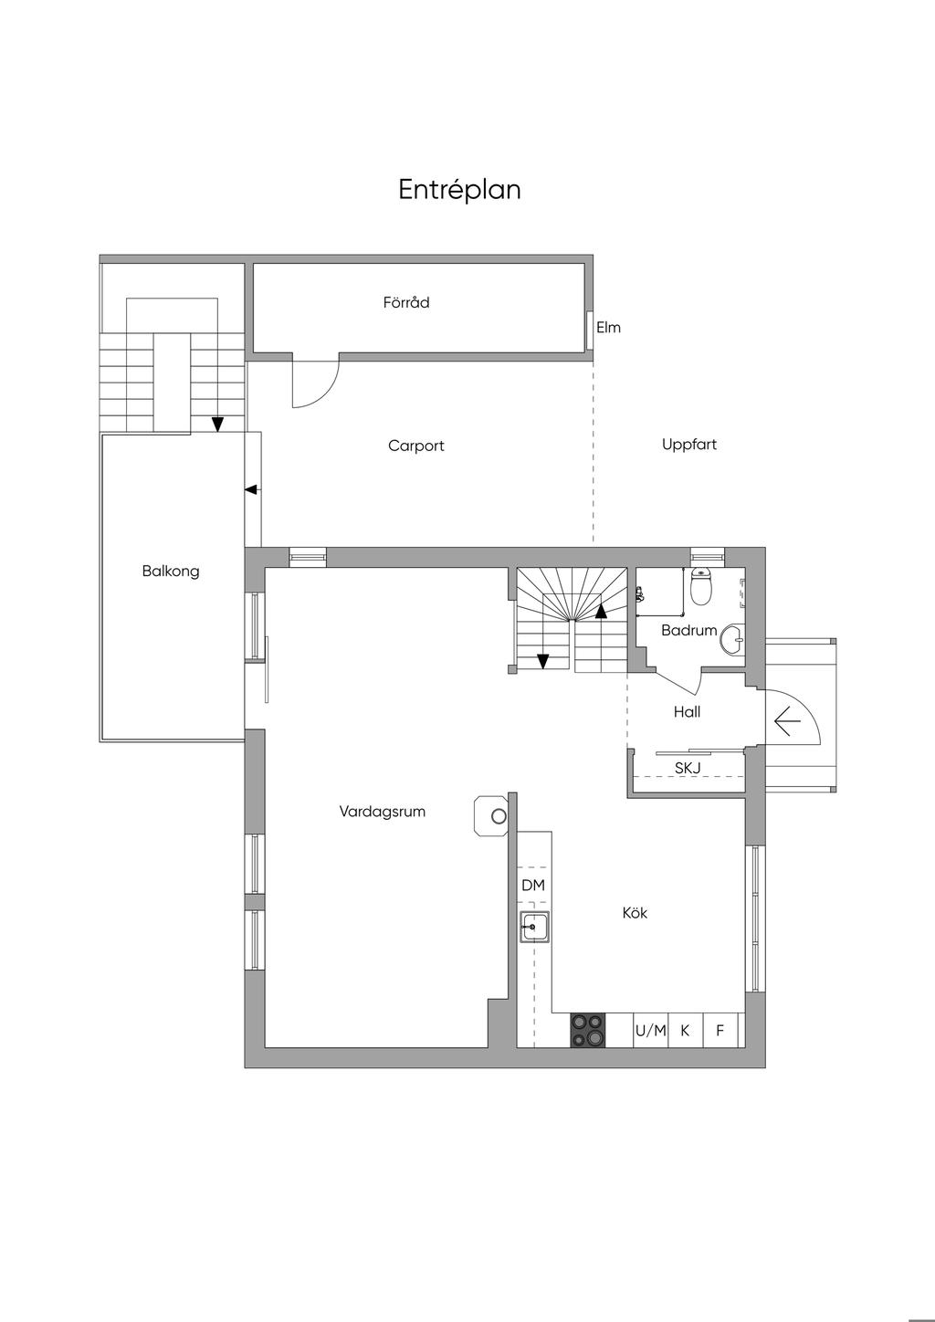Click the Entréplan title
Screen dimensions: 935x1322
[x=459, y=190]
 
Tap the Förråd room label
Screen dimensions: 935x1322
[x=406, y=302]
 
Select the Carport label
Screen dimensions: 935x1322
[x=415, y=446]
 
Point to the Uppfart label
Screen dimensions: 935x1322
[x=688, y=445]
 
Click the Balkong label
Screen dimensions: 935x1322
[x=171, y=572]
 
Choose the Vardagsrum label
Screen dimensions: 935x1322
[x=382, y=812]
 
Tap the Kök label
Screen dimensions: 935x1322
[x=635, y=913]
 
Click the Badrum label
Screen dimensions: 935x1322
[x=688, y=630]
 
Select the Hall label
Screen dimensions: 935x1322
[x=687, y=712]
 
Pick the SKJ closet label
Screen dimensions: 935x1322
[x=687, y=768]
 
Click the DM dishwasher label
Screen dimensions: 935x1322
[x=533, y=886]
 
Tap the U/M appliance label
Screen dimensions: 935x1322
[x=650, y=1031]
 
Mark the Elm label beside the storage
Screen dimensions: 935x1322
[x=608, y=328]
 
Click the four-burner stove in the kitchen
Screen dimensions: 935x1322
[x=587, y=1031]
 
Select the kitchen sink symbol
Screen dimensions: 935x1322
[x=534, y=928]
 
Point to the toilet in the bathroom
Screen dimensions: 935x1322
[x=701, y=587]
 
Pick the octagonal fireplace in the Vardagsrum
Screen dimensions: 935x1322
[x=491, y=815]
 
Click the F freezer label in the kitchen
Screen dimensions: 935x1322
[x=720, y=1031]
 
